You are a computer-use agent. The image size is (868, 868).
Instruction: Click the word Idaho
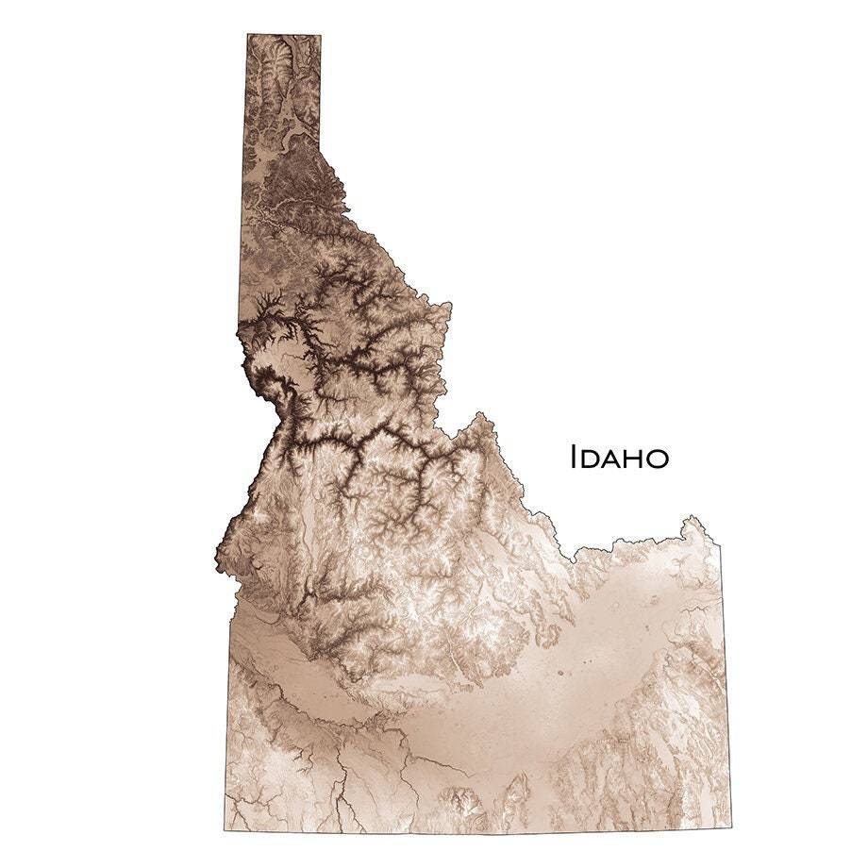[x=620, y=458]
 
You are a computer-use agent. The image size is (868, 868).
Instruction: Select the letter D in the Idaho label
[x=591, y=459]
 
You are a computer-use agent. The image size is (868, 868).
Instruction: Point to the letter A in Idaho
[x=612, y=459]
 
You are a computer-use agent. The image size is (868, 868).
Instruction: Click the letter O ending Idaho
[x=658, y=459]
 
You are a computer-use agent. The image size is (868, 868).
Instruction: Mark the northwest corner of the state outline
[x=247, y=35]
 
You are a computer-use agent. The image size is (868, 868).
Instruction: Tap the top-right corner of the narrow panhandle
[x=321, y=36]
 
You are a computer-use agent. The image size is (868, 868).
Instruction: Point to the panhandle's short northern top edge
[x=283, y=35]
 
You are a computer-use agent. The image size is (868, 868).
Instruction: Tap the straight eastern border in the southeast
[x=726, y=689]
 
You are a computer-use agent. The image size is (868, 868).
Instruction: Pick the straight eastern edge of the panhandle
[x=320, y=94]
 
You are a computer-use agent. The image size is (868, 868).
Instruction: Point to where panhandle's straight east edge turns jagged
[x=319, y=151]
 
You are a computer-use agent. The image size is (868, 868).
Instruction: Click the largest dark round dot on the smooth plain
[x=559, y=674]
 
